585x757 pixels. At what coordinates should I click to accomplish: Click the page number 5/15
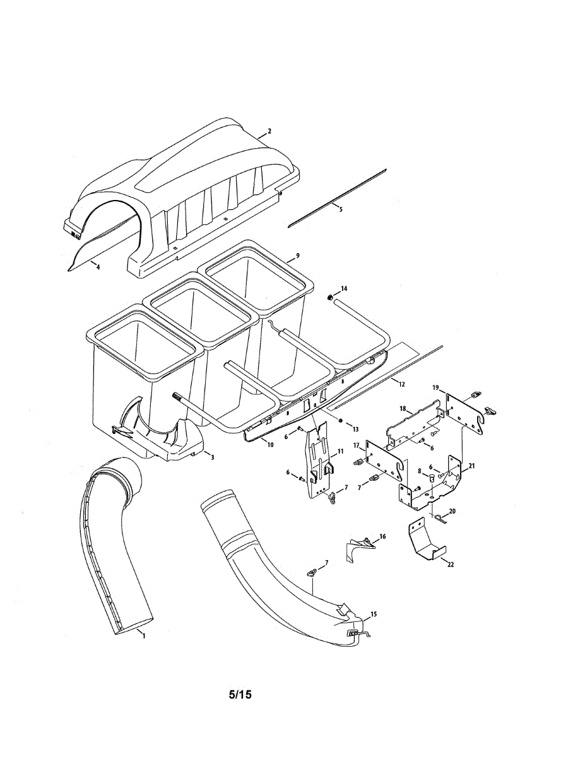(x=240, y=695)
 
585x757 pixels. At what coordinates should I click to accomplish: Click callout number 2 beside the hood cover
(x=269, y=131)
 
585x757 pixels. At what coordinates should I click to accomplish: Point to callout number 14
(x=344, y=288)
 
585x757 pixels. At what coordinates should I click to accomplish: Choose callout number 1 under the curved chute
(x=143, y=637)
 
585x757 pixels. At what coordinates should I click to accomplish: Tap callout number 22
(x=450, y=565)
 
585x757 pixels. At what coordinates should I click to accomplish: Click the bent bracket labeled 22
(x=425, y=541)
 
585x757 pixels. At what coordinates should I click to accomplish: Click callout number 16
(x=382, y=536)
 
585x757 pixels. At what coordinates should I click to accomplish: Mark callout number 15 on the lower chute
(x=374, y=614)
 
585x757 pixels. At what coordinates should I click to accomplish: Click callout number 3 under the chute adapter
(x=212, y=456)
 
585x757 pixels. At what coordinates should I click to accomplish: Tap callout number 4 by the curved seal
(x=98, y=267)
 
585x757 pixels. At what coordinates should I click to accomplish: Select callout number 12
(x=401, y=383)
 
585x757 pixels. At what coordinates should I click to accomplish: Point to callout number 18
(x=402, y=409)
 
